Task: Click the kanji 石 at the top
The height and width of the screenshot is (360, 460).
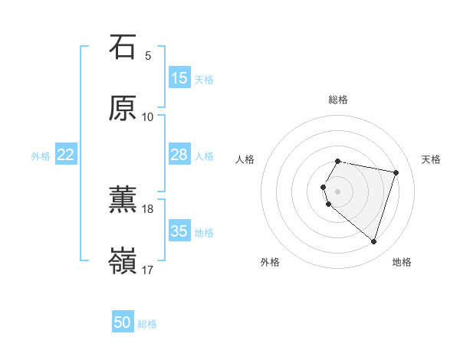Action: [x=123, y=47]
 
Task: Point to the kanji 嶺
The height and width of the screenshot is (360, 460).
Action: [x=123, y=260]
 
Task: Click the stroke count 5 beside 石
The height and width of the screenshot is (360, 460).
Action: [x=148, y=56]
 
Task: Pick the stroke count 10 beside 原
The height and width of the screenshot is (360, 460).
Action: [x=148, y=116]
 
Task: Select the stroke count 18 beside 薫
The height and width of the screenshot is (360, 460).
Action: [x=148, y=208]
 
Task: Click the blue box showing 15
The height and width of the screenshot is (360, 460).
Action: [x=179, y=78]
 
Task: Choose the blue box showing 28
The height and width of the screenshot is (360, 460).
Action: [x=179, y=155]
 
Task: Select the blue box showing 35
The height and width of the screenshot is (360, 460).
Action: [x=179, y=231]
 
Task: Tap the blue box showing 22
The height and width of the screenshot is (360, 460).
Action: [x=66, y=155]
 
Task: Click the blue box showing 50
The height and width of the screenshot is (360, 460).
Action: [x=123, y=322]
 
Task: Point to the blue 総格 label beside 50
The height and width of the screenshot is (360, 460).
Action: [x=147, y=324]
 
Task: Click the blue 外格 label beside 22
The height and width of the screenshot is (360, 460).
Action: [x=41, y=156]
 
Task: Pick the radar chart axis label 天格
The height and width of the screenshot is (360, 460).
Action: [x=432, y=159]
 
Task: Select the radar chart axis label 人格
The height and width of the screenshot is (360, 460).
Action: [x=245, y=159]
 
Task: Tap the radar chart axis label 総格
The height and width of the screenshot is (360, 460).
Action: [x=338, y=100]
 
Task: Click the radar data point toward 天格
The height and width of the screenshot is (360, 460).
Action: [x=396, y=172]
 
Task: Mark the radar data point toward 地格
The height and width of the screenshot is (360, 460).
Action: [x=373, y=242]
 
